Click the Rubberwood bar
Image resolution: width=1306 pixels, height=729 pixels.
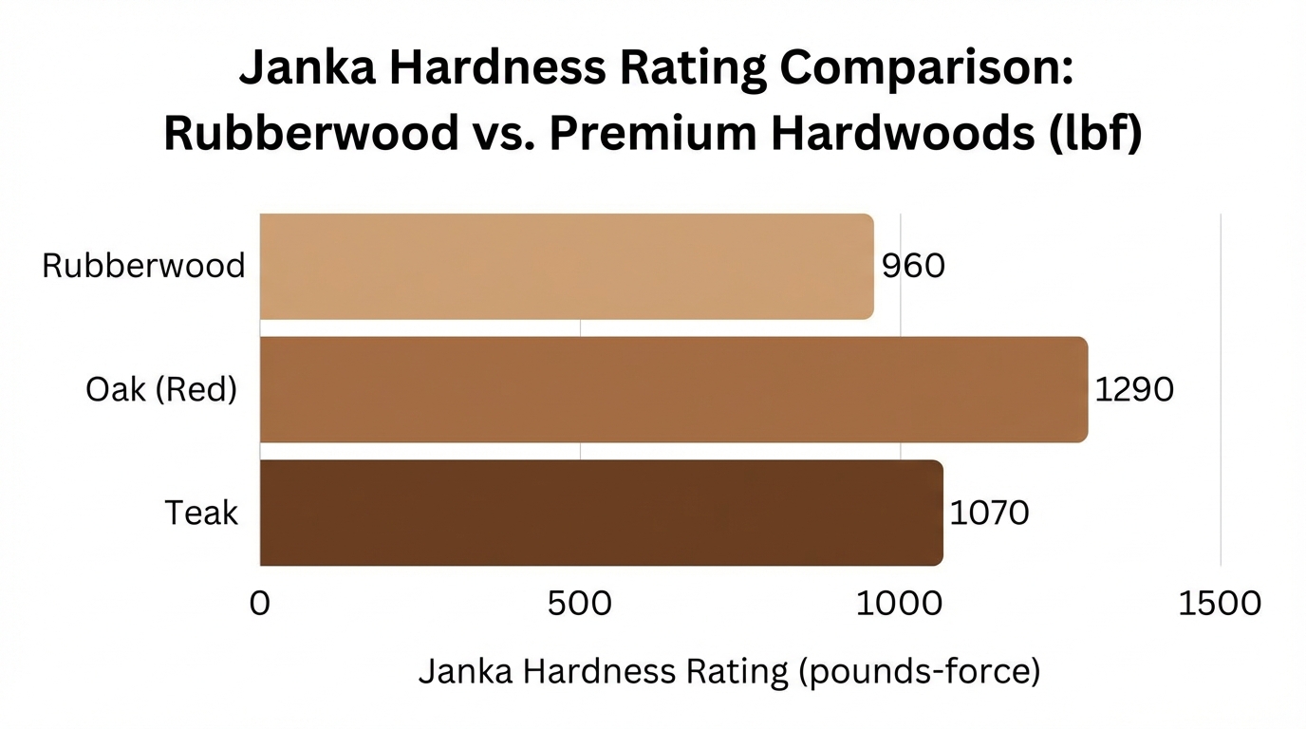pos(566,267)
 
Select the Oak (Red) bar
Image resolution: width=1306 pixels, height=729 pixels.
pos(673,389)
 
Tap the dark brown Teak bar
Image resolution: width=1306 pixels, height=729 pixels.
pos(601,513)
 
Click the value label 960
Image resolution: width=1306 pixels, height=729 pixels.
pos(913,267)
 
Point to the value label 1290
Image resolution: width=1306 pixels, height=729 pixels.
pos(1134,389)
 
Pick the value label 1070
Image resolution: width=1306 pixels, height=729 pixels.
pos(989,514)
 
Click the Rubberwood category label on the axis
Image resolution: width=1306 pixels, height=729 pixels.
pos(143,266)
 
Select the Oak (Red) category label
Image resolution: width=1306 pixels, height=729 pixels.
pos(161,389)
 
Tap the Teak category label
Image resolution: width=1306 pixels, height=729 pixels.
pos(201,514)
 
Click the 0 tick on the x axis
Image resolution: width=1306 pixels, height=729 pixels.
pos(259,603)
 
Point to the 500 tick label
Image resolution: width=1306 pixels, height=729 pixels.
pos(580,603)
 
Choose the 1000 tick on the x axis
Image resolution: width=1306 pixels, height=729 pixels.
pos(900,603)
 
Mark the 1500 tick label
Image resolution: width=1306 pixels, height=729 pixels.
pos(1220,603)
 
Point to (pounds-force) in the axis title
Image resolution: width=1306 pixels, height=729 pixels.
pos(918,672)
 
